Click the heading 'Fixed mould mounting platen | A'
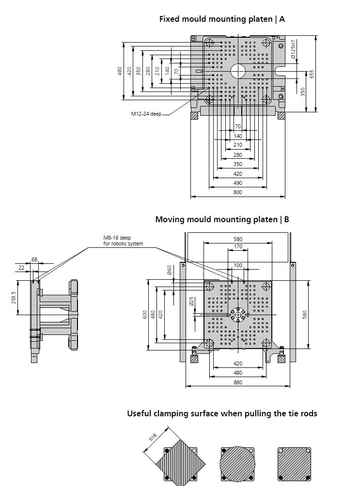[222, 19]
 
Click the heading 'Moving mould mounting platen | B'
[222, 219]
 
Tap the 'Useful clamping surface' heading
[222, 413]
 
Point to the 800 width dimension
[237, 193]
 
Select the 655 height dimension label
[312, 74]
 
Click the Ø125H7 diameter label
[294, 50]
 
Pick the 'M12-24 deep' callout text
[146, 114]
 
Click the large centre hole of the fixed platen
[238, 71]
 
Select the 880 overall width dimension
[237, 382]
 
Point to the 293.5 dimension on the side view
[14, 297]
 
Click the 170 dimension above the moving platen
[238, 247]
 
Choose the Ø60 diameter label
[169, 271]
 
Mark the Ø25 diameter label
[191, 301]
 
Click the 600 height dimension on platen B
[144, 314]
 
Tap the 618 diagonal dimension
[153, 437]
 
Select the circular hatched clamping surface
[237, 464]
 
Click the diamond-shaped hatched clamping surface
[180, 464]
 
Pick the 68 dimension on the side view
[34, 260]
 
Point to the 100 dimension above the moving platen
[238, 265]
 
